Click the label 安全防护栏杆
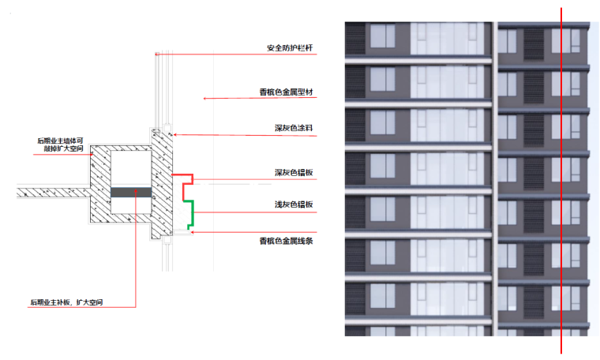point(290,48)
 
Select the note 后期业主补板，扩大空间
point(66,302)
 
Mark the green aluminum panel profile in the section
point(190,212)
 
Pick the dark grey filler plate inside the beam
point(131,192)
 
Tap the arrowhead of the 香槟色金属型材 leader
point(205,99)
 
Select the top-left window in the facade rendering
point(382,37)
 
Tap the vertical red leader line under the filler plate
point(136,253)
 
